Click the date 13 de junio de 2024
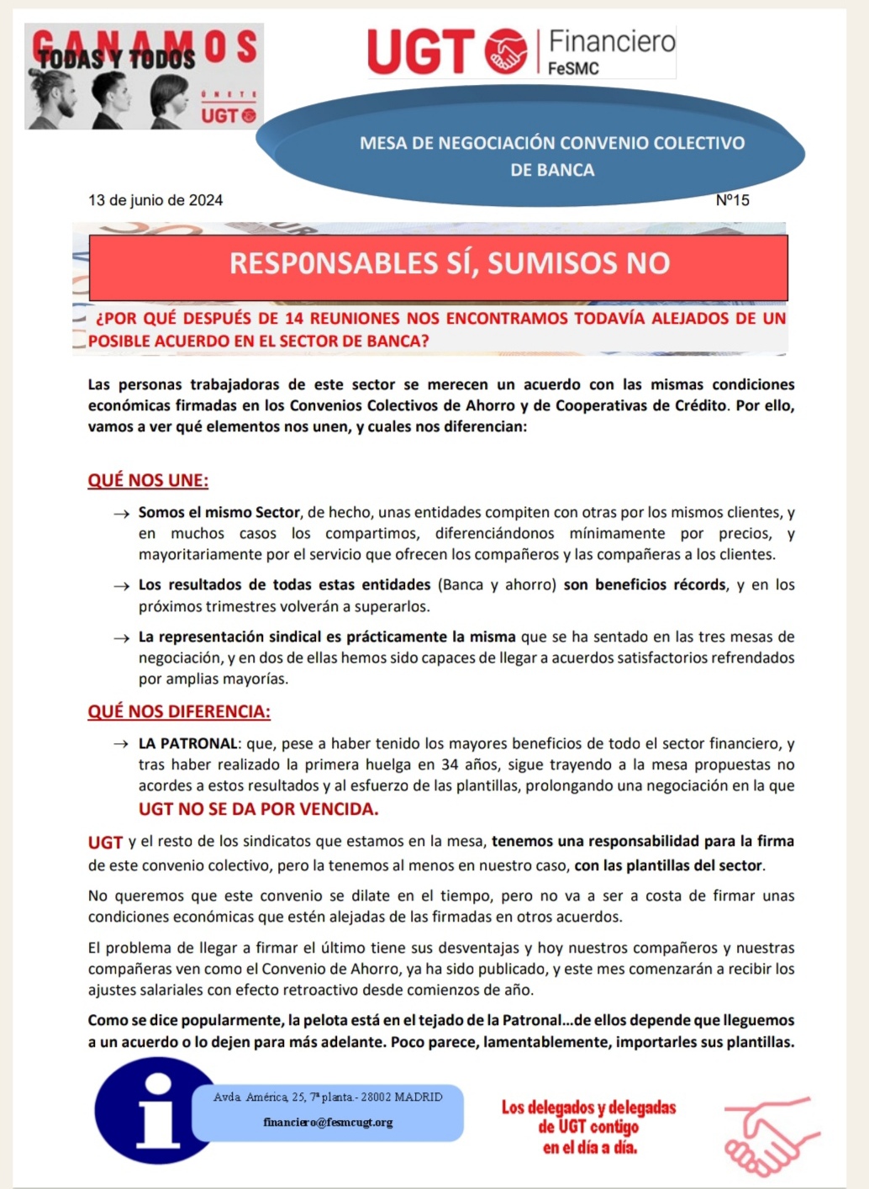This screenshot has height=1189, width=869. point(155,200)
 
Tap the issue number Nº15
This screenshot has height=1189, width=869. point(732,200)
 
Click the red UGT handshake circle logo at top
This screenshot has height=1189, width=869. point(506,51)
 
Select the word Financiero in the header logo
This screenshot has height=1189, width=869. point(612,40)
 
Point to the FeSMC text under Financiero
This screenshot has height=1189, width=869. point(573,69)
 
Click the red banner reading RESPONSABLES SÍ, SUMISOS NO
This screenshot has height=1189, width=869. point(439,264)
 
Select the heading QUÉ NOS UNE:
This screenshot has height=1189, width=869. point(148,480)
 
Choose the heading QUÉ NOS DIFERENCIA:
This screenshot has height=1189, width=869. point(179,711)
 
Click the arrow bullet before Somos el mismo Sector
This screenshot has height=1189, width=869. point(122,513)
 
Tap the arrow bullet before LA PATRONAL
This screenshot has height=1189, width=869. point(122,744)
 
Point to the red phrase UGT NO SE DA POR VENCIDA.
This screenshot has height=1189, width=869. point(259,809)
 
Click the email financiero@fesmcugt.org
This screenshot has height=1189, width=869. point(328,1123)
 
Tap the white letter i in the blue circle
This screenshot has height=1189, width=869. point(157,1112)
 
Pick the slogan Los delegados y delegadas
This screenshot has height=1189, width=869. point(588,1108)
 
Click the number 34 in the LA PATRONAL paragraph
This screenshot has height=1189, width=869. point(450,765)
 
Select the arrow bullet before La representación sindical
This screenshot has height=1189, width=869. point(122,637)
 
